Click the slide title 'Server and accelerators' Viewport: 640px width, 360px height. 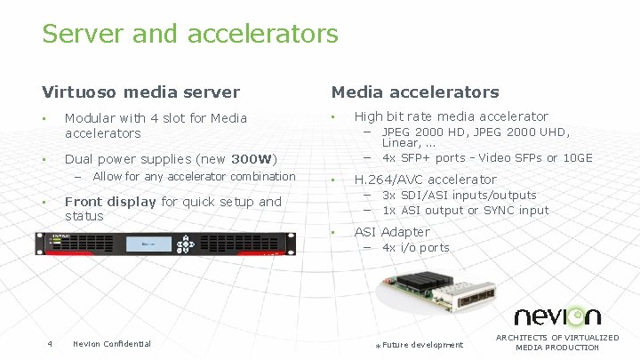pyautogui.click(x=189, y=34)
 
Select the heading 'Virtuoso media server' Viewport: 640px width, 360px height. pyautogui.click(x=140, y=92)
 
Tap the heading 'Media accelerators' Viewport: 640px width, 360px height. pyautogui.click(x=415, y=92)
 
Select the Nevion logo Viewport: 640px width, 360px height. pyautogui.click(x=557, y=316)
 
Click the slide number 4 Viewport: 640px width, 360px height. pyautogui.click(x=50, y=344)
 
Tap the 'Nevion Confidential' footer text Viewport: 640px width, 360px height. pyautogui.click(x=112, y=344)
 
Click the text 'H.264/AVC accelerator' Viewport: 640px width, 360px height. pyautogui.click(x=425, y=180)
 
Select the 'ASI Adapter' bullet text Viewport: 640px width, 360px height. pyautogui.click(x=391, y=232)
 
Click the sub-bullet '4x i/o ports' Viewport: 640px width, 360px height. pyautogui.click(x=415, y=247)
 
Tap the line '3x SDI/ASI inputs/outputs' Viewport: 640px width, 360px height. pyautogui.click(x=459, y=195)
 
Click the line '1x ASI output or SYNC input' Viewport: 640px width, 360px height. pyautogui.click(x=465, y=210)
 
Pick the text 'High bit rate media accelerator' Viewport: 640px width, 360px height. pyautogui.click(x=451, y=116)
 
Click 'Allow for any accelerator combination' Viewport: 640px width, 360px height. pyautogui.click(x=194, y=176)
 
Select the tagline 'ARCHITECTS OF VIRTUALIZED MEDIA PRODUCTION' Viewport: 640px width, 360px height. pyautogui.click(x=557, y=342)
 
